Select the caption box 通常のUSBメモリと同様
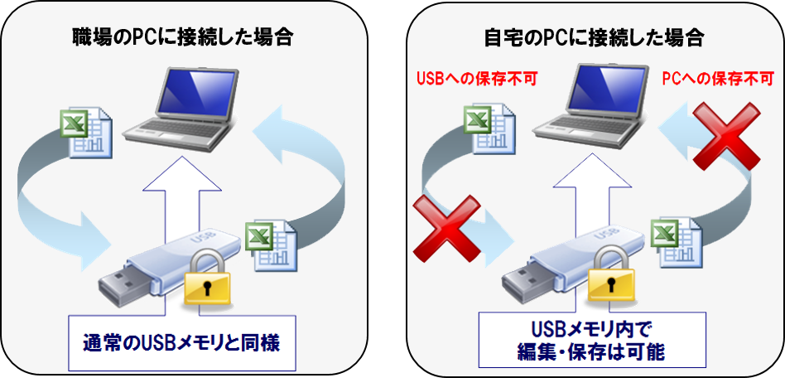(182, 341)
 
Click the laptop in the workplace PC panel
(177, 107)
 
